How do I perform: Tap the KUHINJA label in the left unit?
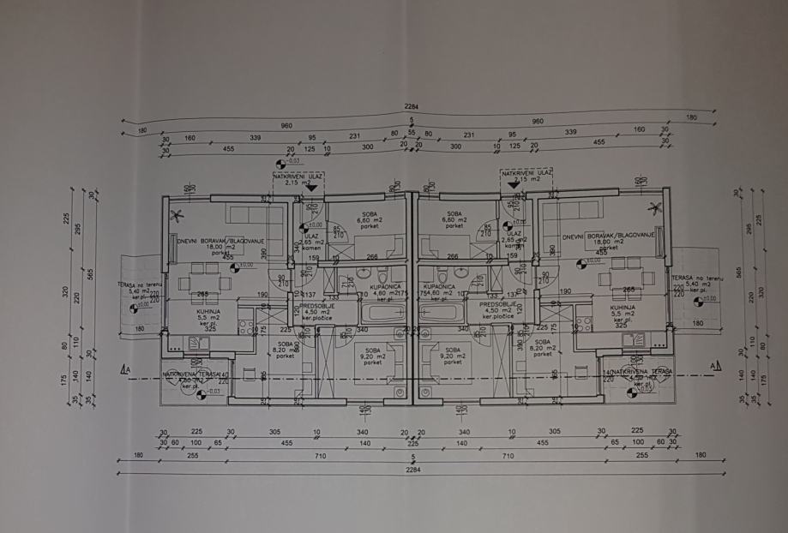pyautogui.click(x=206, y=308)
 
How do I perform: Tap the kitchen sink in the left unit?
pyautogui.click(x=197, y=342)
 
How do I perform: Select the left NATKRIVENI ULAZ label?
pyautogui.click(x=298, y=177)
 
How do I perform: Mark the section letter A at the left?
pyautogui.click(x=127, y=370)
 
